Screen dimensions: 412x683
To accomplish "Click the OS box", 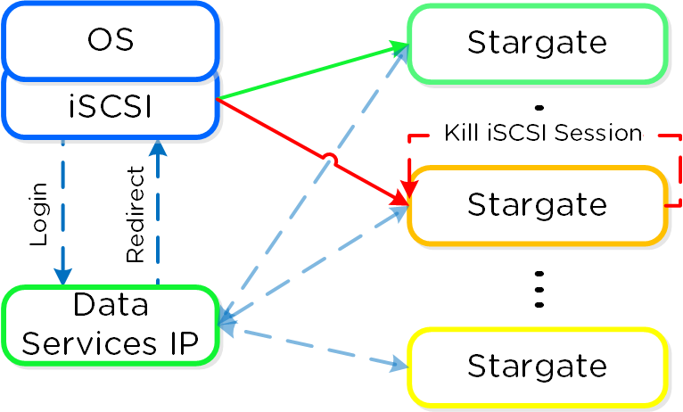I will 111,40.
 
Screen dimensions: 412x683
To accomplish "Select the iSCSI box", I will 111,107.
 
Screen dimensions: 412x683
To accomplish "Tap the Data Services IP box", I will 111,325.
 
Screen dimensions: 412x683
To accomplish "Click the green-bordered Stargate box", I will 537,42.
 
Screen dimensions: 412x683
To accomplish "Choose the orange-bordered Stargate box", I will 537,204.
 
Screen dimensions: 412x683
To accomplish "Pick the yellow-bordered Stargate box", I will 537,366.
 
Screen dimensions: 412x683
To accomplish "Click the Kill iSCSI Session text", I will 542,133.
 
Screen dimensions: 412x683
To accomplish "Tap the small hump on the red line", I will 330,160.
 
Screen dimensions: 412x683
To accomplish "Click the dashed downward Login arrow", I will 63,214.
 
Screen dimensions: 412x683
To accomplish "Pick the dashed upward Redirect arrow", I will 158,214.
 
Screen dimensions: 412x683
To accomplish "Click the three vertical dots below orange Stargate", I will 538,287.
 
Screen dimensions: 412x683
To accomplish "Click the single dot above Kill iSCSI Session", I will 538,109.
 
